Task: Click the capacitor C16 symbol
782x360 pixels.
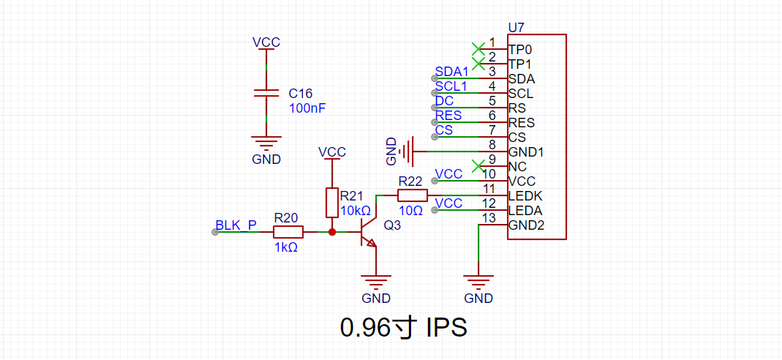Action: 266,93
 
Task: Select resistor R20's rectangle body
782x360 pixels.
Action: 287,232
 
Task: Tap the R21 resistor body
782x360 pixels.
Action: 332,203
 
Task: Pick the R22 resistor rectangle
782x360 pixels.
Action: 413,195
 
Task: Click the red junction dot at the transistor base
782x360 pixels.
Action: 332,232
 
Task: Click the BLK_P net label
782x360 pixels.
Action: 236,225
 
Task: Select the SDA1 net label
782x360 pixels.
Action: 452,72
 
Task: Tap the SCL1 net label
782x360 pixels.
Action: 452,86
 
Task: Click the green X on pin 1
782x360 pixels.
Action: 478,49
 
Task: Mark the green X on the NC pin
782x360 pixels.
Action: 478,165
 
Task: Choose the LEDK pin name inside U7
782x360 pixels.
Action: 525,195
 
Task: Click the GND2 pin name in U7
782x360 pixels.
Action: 527,225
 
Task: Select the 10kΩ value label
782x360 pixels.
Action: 355,211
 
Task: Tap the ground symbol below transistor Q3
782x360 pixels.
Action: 376,282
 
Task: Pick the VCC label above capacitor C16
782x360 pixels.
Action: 266,42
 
